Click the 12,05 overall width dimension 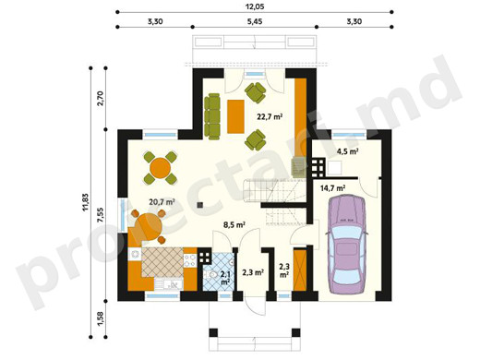(x=255, y=6)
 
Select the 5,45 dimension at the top (x=255, y=21)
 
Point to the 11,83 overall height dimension (x=85, y=202)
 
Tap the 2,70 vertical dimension (x=101, y=99)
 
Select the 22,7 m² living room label (x=270, y=116)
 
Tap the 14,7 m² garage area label (x=332, y=188)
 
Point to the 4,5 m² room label (x=348, y=151)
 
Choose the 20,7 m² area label (x=162, y=202)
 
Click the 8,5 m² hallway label (x=234, y=224)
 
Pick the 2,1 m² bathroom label (x=225, y=278)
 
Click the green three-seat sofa (x=212, y=116)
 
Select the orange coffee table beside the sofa (x=235, y=116)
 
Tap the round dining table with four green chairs (x=161, y=168)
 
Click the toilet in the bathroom (x=211, y=275)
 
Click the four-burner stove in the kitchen (x=190, y=260)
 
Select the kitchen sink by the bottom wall (x=169, y=284)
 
